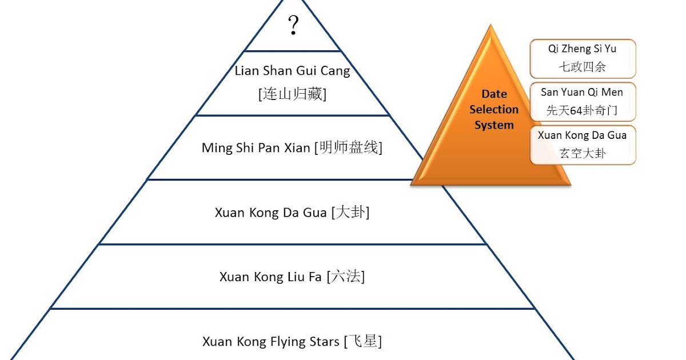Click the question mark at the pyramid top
(293, 26)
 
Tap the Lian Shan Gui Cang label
(292, 71)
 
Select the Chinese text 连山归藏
(292, 94)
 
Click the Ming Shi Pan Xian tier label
(257, 148)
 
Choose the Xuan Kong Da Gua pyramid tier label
(272, 213)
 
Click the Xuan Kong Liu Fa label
(271, 277)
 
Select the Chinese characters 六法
(346, 277)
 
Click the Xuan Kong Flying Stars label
(270, 342)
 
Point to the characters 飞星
(362, 342)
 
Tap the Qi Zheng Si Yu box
(583, 58)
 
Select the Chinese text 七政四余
(583, 67)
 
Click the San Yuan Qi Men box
(583, 101)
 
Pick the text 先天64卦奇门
(583, 110)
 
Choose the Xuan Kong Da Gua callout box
(583, 145)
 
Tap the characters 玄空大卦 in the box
(583, 154)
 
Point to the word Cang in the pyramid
(335, 71)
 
